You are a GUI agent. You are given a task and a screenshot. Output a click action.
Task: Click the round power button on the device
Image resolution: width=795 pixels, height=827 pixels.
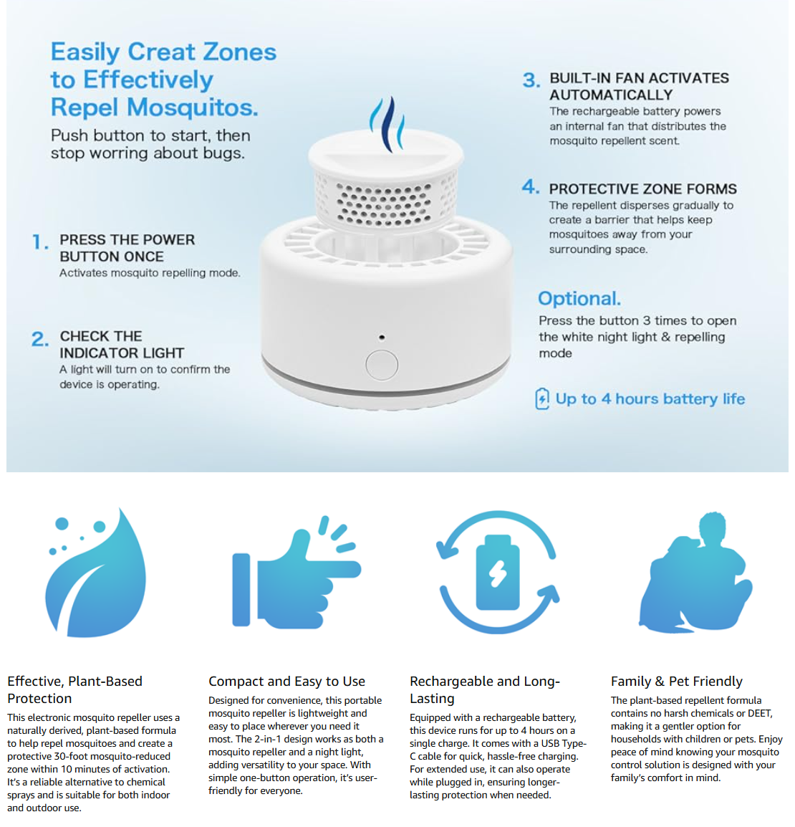[382, 365]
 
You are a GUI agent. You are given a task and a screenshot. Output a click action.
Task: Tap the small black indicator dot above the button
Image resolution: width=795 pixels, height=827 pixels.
[382, 337]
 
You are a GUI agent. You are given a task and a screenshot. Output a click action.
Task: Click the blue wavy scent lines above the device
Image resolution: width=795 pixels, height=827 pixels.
[388, 124]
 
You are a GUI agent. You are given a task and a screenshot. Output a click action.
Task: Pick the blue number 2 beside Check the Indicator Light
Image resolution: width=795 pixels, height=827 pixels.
[40, 338]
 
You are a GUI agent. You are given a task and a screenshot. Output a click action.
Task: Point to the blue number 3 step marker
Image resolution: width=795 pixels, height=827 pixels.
[531, 80]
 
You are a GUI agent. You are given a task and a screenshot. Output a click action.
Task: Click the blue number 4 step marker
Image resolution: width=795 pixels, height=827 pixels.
[530, 187]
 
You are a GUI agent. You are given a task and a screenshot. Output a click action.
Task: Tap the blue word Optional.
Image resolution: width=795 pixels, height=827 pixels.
[579, 299]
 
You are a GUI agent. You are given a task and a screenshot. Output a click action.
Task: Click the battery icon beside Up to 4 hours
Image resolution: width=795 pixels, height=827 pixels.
[542, 398]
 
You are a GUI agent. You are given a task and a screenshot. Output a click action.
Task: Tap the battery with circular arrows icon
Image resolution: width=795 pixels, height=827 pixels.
[498, 572]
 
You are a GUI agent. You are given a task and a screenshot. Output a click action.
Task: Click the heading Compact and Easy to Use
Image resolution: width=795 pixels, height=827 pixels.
[286, 682]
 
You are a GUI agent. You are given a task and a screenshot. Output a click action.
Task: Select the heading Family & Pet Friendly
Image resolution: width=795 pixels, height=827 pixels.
[676, 682]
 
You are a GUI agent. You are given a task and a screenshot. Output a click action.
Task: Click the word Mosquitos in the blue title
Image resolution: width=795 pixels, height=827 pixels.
[193, 107]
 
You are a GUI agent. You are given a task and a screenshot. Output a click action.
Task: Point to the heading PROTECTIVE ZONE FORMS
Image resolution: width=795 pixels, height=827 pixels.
[642, 188]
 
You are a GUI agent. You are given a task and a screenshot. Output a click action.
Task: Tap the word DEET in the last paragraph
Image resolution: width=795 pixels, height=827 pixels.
[760, 714]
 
